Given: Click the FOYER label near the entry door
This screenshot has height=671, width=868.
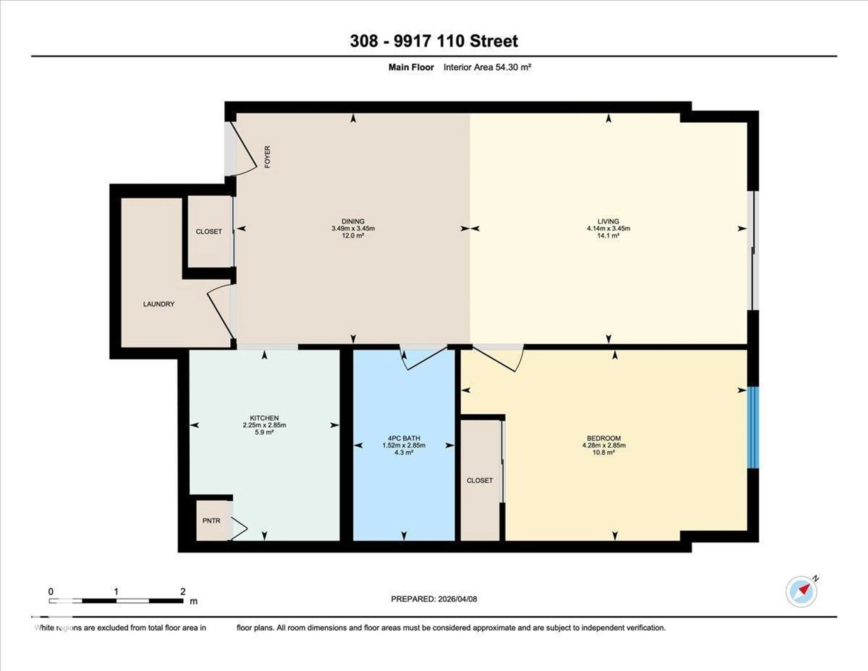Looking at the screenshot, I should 267,157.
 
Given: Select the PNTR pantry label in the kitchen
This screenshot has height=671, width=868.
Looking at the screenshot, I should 211,521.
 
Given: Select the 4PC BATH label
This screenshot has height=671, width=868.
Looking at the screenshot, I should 404,438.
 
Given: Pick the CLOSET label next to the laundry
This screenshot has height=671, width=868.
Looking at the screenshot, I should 209,231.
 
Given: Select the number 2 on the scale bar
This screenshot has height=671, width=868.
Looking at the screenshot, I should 183,591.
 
